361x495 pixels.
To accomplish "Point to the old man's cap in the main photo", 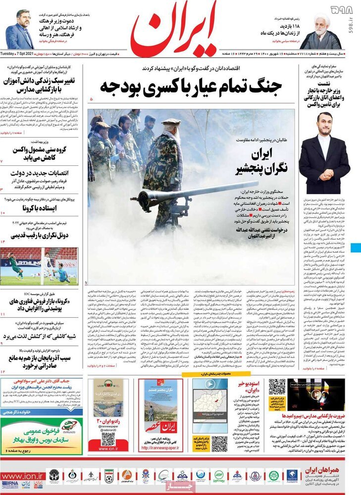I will click(x=171, y=122).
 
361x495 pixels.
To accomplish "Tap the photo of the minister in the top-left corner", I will click(x=20, y=30).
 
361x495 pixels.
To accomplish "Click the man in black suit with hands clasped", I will click(x=324, y=153).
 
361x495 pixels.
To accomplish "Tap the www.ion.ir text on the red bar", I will click(x=25, y=476).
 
